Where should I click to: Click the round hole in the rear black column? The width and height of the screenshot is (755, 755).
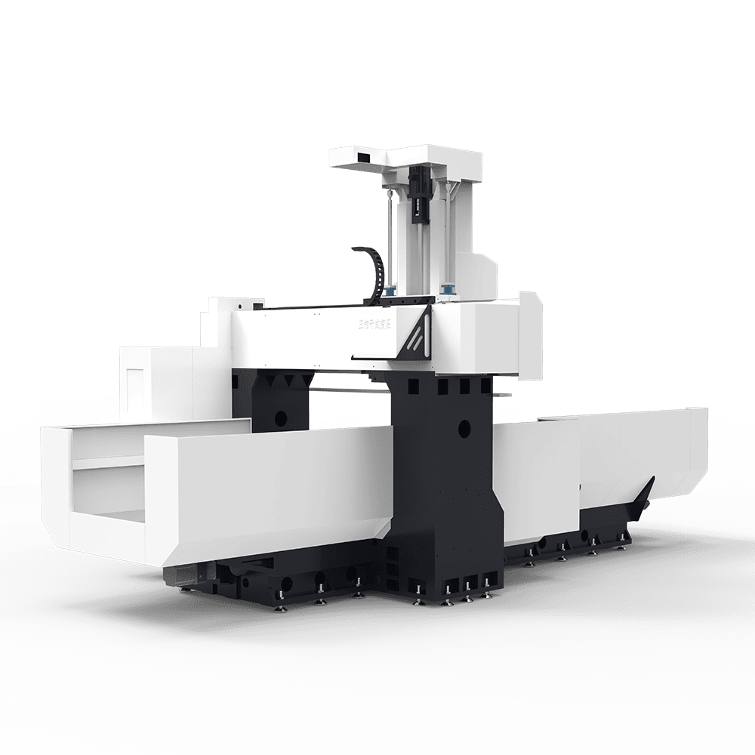click(280, 416)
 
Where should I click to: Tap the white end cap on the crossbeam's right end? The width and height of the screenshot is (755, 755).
click(531, 335)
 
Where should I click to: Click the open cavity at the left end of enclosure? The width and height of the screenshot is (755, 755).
click(106, 491)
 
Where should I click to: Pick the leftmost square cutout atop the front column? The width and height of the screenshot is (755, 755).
click(412, 387)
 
